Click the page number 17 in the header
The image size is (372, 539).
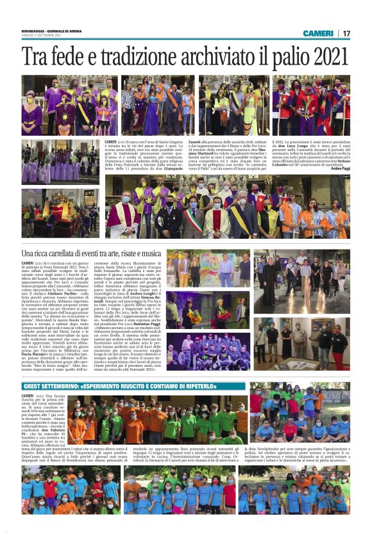click(346, 33)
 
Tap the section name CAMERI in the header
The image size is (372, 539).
click(318, 33)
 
